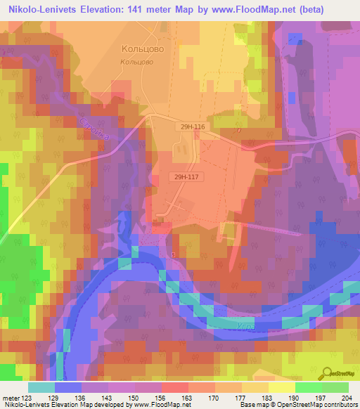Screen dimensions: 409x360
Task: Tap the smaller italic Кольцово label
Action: pyautogui.click(x=138, y=62)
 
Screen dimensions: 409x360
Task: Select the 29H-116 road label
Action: pyautogui.click(x=191, y=126)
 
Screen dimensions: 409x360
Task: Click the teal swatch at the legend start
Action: pyautogui.click(x=41, y=387)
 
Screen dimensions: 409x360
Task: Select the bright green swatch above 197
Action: pyautogui.click(x=308, y=387)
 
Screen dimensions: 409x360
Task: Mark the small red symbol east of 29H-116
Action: pyautogui.click(x=240, y=129)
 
